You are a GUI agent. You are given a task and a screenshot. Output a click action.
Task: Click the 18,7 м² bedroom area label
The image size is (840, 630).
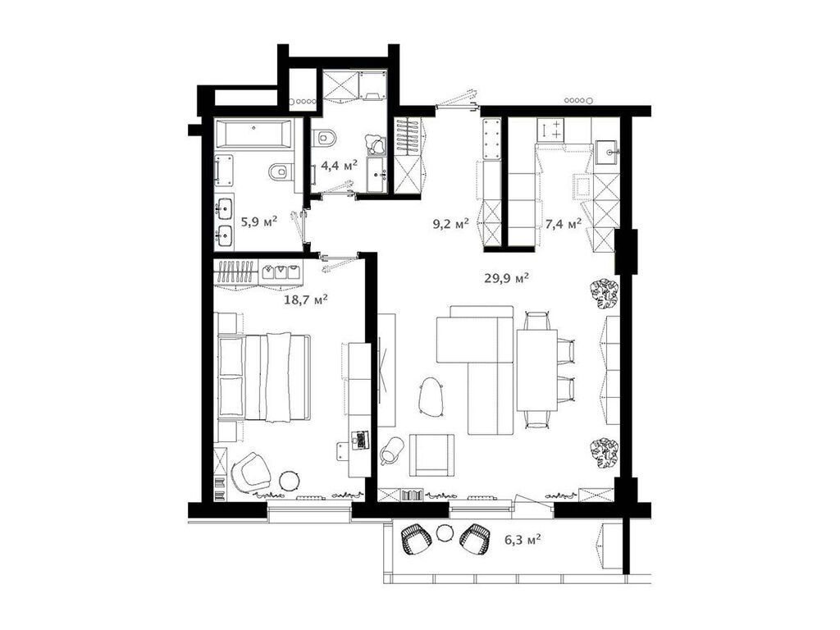(305, 299)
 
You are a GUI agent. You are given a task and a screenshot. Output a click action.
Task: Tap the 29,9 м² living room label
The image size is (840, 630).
(507, 278)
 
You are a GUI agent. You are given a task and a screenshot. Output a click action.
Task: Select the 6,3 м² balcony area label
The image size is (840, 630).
(523, 540)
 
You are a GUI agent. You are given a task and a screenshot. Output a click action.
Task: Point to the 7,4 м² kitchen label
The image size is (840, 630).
(563, 224)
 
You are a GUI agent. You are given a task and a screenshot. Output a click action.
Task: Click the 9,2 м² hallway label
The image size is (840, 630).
(450, 224)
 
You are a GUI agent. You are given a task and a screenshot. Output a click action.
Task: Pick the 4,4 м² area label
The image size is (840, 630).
(339, 166)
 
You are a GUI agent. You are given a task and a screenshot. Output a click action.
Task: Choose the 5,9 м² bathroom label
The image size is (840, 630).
(258, 221)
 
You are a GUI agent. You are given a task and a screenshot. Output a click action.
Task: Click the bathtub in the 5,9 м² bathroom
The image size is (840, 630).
(253, 134)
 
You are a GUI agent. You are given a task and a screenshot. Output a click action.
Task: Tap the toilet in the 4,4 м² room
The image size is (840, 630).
(323, 139)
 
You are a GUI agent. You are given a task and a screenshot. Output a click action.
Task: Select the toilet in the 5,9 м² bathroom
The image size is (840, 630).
(281, 171)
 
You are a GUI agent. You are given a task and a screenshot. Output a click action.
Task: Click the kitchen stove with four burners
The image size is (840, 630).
(550, 130)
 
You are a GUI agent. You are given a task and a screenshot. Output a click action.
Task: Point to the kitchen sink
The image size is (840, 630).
(607, 151)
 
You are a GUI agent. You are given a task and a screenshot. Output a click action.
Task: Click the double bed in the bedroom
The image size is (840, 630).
(265, 377)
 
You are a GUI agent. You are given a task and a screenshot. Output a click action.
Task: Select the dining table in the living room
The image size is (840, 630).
(536, 370)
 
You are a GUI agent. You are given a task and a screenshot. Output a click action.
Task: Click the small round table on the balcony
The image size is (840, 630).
(444, 533)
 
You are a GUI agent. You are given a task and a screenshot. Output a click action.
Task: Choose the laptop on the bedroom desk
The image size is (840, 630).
(360, 440)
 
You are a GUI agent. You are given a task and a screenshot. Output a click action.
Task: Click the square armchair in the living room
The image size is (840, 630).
(431, 454)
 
